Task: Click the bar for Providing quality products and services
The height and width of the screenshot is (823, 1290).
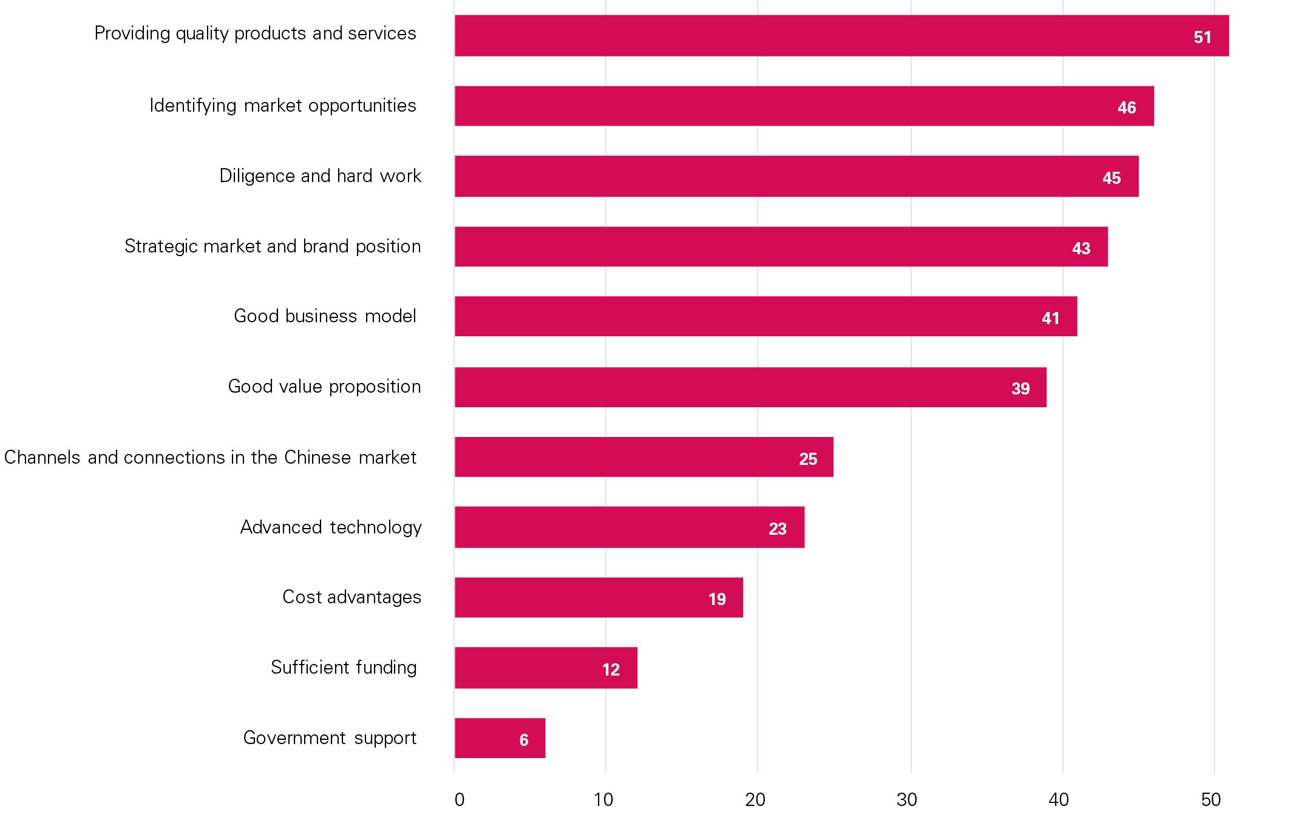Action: tap(841, 36)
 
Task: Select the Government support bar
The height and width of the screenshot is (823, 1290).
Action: tap(499, 738)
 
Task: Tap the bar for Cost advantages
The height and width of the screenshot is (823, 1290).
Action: tap(598, 598)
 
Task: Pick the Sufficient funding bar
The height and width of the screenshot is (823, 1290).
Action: tap(545, 668)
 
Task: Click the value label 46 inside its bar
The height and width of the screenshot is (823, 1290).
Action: tap(1126, 107)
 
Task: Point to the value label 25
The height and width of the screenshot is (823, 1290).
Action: tap(807, 459)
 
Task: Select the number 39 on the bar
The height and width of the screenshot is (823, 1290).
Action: tap(1020, 388)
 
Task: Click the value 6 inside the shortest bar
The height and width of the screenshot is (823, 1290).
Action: tap(523, 740)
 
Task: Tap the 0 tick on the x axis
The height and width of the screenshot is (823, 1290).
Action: tap(459, 800)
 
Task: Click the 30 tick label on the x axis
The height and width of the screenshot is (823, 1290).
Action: tap(906, 800)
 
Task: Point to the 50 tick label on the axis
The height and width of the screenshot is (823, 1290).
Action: tap(1210, 800)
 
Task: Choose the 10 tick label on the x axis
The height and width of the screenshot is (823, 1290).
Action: tap(603, 800)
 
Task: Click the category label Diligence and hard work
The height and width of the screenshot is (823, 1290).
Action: tap(320, 176)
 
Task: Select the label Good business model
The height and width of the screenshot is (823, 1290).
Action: tap(325, 316)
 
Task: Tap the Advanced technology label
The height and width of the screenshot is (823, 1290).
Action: tap(330, 527)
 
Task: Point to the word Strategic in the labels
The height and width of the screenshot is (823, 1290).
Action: tap(161, 246)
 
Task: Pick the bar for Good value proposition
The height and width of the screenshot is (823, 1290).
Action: tap(750, 387)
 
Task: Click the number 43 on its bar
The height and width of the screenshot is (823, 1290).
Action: tap(1081, 248)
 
